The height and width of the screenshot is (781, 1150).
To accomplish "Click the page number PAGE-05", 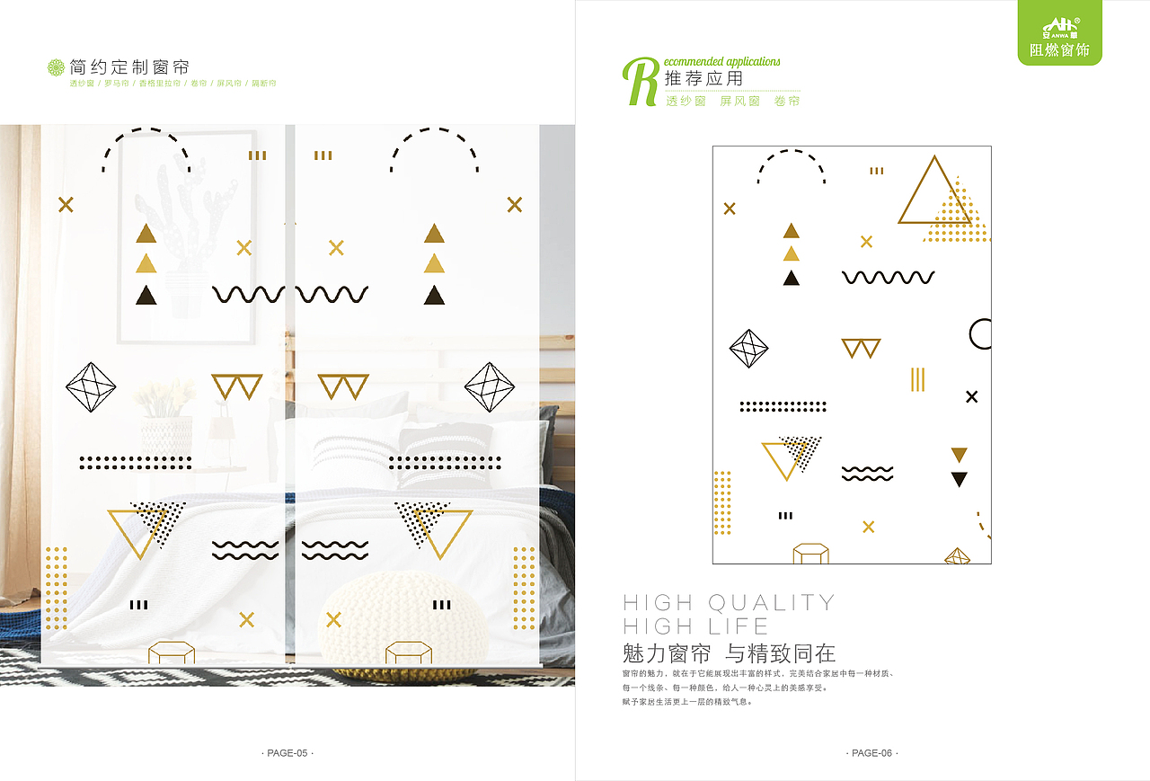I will [287, 753].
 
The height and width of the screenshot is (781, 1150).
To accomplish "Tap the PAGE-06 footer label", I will [871, 753].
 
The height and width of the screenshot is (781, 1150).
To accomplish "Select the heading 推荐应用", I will [704, 79].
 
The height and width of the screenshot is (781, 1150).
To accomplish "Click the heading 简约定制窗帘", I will [129, 67].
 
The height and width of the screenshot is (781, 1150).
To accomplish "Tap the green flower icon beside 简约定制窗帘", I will [56, 67].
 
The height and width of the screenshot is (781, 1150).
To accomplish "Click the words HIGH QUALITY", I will [729, 602].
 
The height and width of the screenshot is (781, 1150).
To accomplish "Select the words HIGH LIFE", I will [695, 626].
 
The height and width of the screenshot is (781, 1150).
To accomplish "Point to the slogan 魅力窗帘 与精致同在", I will [729, 653].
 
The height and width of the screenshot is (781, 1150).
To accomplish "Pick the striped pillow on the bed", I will [445, 454].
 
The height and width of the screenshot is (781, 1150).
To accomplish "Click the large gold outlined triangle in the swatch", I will [934, 194].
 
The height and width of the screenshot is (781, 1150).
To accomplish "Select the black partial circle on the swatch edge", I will [980, 333].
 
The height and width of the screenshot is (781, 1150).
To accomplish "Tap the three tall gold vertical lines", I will [917, 379].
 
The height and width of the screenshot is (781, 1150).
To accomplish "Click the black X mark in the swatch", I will [971, 396].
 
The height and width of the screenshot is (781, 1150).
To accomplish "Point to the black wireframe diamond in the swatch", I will [748, 349].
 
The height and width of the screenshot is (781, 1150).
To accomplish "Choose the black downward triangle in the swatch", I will [959, 479].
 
